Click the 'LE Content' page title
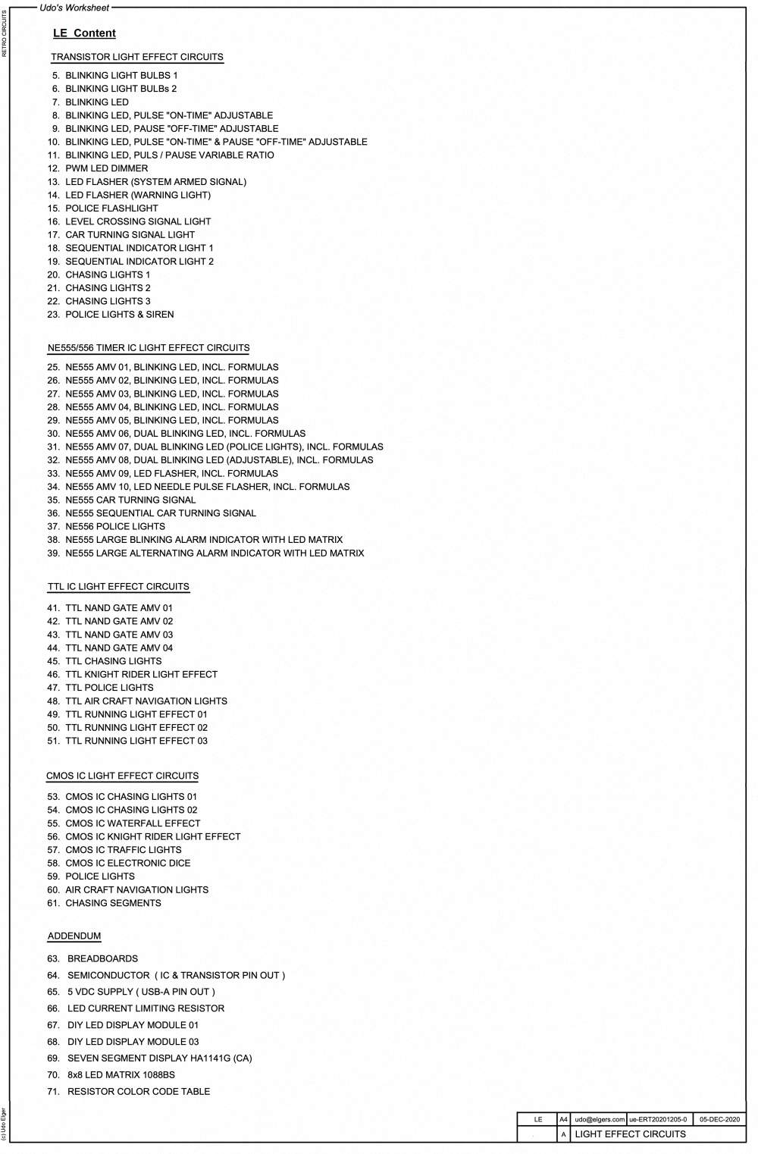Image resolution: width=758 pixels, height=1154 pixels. tap(84, 33)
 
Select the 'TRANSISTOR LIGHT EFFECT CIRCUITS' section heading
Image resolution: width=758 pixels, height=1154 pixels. tap(137, 57)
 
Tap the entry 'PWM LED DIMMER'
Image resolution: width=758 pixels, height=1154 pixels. tap(106, 168)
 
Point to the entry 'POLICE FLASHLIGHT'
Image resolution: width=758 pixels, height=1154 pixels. tap(111, 208)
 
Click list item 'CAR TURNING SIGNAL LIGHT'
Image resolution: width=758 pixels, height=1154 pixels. tap(130, 234)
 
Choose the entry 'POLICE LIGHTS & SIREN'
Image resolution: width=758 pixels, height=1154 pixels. tap(119, 314)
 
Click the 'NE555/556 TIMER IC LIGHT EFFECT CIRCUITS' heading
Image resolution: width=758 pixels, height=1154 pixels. tap(149, 348)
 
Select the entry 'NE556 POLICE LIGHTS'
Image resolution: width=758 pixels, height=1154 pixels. tap(114, 526)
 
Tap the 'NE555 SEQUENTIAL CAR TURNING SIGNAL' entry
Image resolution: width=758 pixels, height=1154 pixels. tap(160, 513)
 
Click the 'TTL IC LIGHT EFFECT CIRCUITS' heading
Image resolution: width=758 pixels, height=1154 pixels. tap(118, 587)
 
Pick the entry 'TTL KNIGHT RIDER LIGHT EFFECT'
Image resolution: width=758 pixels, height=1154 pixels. tap(141, 674)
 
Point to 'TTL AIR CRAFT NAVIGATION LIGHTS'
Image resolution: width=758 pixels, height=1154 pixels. tap(146, 701)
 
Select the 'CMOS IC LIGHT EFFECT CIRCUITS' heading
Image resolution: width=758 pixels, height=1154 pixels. tap(122, 776)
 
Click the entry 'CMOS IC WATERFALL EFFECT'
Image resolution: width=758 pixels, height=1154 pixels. tap(133, 823)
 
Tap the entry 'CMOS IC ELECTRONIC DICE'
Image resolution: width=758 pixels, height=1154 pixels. tap(127, 863)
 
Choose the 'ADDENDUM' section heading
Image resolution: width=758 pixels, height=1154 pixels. tap(74, 936)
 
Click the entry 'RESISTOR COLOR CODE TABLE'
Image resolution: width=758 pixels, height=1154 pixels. tap(139, 1091)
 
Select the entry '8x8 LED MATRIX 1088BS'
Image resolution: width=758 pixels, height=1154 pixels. tap(121, 1074)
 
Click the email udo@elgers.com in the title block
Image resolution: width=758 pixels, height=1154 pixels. tap(600, 1119)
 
